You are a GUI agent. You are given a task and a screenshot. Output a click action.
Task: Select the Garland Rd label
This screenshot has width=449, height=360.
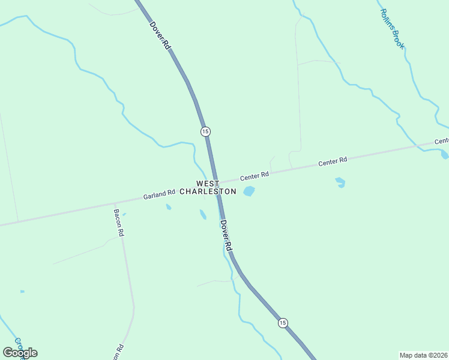point(159,194)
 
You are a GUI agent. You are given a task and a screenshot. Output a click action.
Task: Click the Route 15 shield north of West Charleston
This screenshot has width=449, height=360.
point(205,131)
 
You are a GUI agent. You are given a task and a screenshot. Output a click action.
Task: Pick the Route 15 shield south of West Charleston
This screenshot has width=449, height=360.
point(283,323)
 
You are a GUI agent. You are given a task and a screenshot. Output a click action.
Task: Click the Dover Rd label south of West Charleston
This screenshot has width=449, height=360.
point(226,235)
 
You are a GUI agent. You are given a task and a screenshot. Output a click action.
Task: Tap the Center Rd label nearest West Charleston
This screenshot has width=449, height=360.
point(255,176)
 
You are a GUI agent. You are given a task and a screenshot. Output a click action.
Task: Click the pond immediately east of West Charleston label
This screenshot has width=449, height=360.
point(249,191)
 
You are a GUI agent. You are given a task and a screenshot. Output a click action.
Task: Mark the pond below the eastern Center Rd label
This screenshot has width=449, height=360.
point(340,182)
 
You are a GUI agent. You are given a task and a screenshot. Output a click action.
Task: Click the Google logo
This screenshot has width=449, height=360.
point(20,353)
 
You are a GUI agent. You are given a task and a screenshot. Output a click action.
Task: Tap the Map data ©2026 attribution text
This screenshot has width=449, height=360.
point(424,355)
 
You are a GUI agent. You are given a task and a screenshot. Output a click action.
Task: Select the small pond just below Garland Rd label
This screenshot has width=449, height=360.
point(169,208)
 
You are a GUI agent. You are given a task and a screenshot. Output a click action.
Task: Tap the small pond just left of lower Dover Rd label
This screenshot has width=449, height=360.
point(203,214)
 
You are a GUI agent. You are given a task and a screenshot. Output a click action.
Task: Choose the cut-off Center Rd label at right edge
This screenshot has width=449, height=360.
point(441,142)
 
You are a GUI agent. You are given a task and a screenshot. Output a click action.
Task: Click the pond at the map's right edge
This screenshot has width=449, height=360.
point(444,155)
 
